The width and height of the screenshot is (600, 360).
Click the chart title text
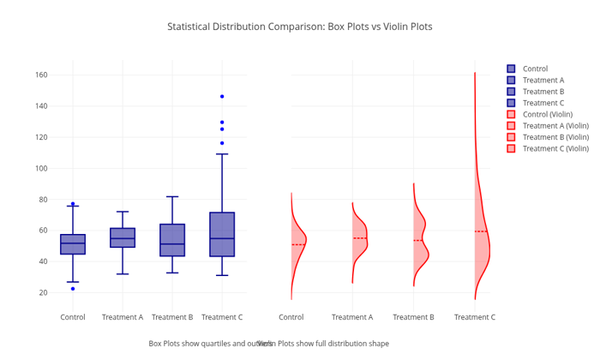pos(299,27)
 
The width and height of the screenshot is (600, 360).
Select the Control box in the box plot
pos(73,244)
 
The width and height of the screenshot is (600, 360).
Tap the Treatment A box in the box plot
pos(123,237)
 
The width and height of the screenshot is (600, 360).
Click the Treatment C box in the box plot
pos(222,234)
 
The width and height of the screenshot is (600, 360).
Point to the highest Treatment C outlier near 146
pos(222,96)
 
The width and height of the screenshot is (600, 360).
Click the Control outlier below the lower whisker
pos(73,289)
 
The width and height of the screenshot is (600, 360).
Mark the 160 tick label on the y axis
pos(40,75)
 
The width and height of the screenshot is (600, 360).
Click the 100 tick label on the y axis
pos(40,168)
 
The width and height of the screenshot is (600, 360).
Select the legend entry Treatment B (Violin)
pos(555,137)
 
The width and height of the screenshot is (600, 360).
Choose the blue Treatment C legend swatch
pos(511,103)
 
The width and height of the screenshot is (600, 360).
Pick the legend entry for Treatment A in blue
pos(543,80)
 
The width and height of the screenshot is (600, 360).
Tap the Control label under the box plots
pos(73,317)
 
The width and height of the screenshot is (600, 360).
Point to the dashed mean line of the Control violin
pos(297,244)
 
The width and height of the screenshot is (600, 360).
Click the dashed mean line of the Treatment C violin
pos(481,231)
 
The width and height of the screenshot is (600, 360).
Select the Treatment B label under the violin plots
pos(413,317)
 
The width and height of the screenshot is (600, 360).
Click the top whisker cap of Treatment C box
pos(222,154)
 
